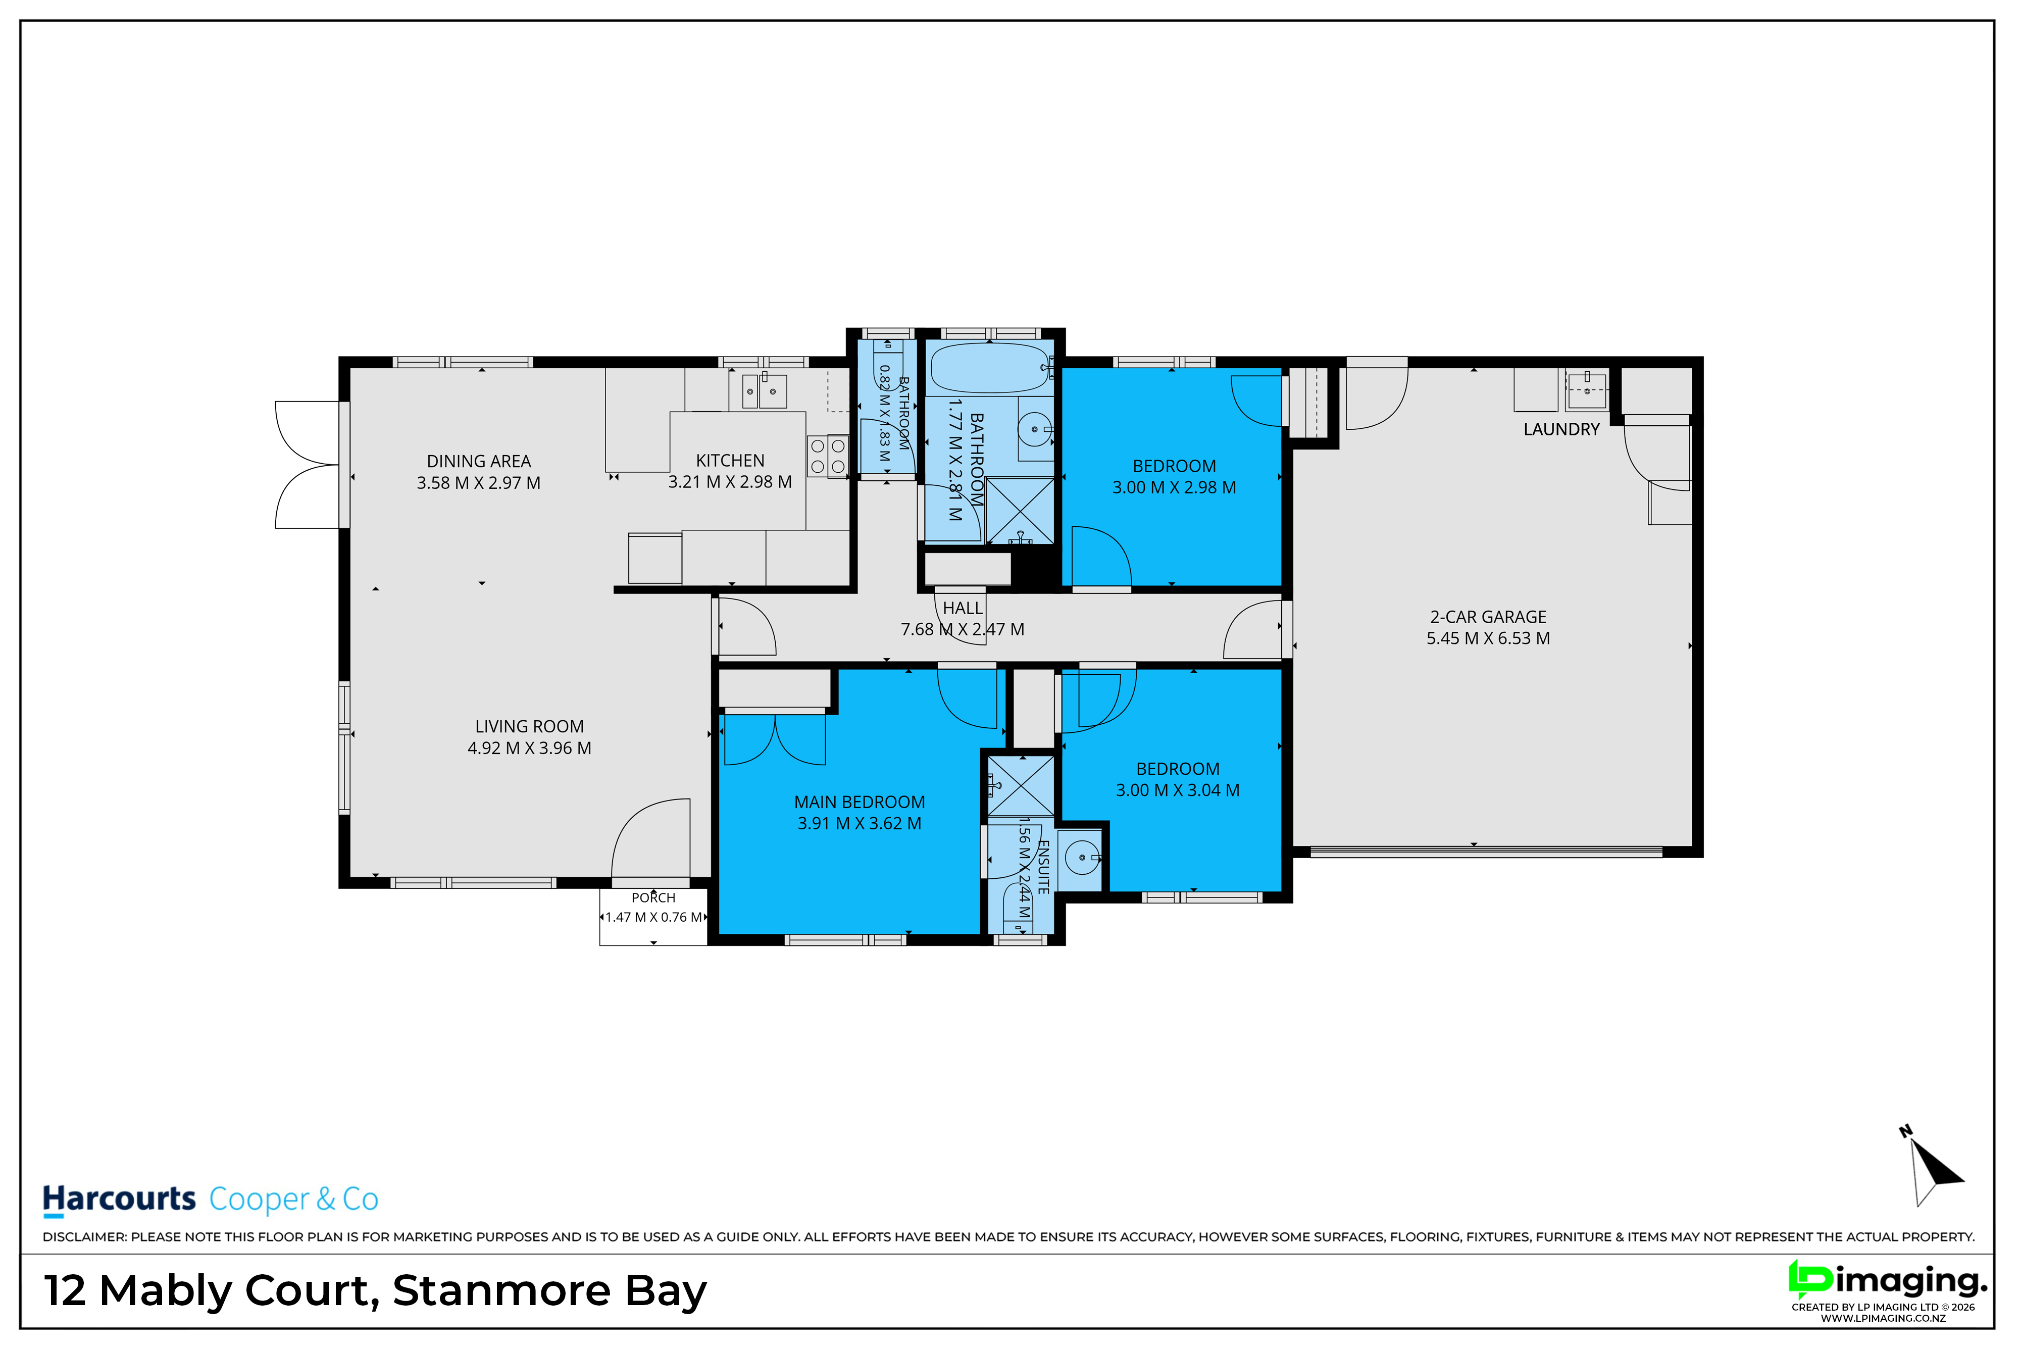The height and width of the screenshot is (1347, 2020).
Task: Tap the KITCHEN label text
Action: coord(730,461)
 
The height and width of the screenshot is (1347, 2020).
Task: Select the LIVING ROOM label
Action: coord(529,727)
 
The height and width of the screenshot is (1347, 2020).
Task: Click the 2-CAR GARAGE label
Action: coord(1488,617)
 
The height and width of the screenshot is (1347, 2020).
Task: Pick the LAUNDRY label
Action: coord(1561,429)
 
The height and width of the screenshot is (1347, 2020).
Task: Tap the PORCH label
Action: coord(653,897)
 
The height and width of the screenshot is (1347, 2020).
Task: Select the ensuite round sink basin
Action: coord(1081,857)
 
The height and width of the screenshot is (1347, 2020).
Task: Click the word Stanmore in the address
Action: coord(501,1290)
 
